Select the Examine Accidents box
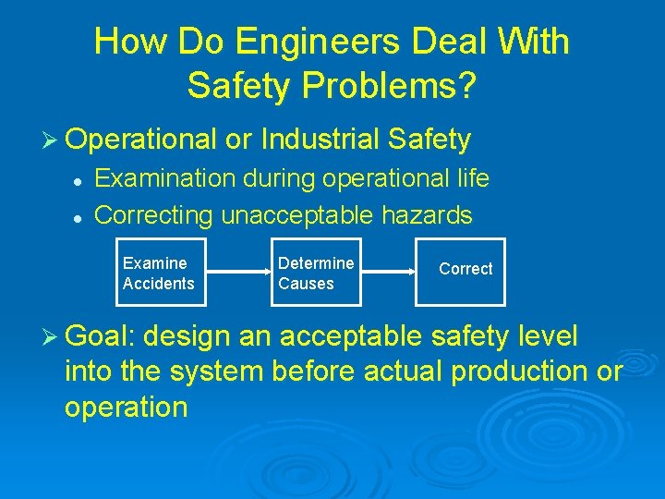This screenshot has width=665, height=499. [x=158, y=274]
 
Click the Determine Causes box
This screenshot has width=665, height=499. [x=316, y=274]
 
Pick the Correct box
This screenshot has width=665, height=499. [x=465, y=269]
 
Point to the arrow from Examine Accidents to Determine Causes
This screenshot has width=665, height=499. [x=236, y=273]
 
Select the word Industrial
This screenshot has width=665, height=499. [x=320, y=140]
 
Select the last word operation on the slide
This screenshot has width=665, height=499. [x=126, y=407]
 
